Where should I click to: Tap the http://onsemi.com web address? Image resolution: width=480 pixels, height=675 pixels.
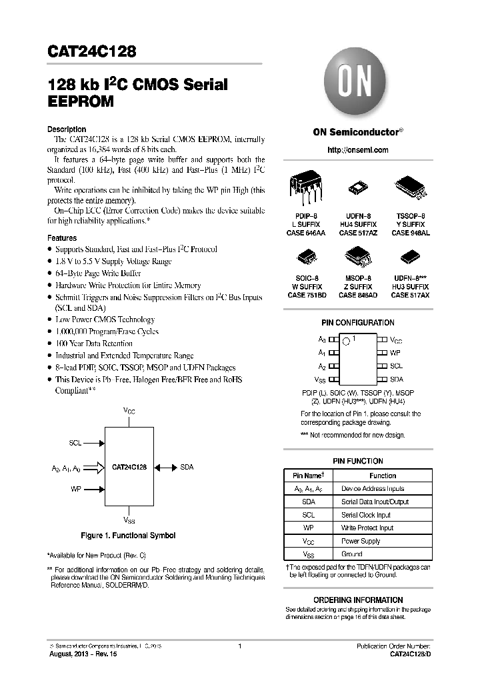tap(357, 150)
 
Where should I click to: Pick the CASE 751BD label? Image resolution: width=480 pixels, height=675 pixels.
tap(307, 295)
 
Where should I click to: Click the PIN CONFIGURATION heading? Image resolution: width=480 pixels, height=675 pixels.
tap(358, 323)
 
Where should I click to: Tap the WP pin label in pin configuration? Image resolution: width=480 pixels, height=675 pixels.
tap(395, 352)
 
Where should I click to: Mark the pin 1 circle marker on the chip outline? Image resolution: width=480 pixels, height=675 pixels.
tap(346, 342)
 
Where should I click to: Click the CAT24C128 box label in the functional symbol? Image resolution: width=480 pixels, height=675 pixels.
tap(129, 468)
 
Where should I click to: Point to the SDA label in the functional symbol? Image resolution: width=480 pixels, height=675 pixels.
tap(187, 468)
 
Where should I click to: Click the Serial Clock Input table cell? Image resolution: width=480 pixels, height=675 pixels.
tap(366, 515)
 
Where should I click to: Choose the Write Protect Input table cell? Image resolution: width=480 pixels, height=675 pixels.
tap(367, 528)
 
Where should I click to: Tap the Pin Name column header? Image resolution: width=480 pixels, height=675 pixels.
tap(307, 476)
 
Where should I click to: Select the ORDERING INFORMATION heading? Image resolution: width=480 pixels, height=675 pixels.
tap(358, 600)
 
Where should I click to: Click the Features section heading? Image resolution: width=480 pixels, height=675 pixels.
tap(62, 238)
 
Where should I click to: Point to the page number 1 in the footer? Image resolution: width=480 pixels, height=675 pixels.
tap(239, 646)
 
